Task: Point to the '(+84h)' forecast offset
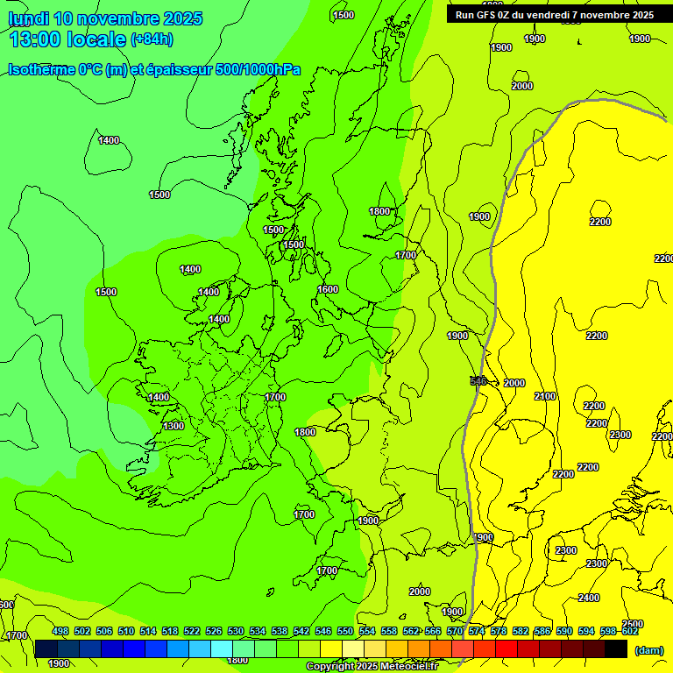click(x=152, y=39)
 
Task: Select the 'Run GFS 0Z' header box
click(x=554, y=14)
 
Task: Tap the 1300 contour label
click(x=174, y=426)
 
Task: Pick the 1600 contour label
click(x=328, y=289)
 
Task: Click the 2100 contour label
click(x=545, y=396)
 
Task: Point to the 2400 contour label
click(x=589, y=598)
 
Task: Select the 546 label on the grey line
click(x=478, y=381)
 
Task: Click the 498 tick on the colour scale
click(x=60, y=631)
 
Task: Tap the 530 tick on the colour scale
click(x=236, y=631)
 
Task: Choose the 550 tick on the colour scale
click(x=345, y=631)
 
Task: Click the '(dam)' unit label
click(x=648, y=649)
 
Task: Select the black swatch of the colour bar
click(x=616, y=649)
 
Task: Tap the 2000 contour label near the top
click(x=522, y=86)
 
